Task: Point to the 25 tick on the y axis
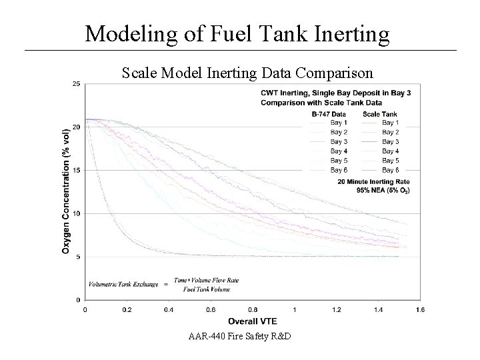pos(77,84)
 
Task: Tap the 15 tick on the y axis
pos(77,171)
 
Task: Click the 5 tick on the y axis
pos(78,257)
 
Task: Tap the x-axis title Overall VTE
pos(253,321)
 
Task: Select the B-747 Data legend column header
pos(329,114)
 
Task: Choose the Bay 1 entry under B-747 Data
pos(339,123)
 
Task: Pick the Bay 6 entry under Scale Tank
pos(391,170)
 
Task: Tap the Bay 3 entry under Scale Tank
pos(391,142)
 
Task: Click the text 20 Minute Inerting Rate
pos(373,182)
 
